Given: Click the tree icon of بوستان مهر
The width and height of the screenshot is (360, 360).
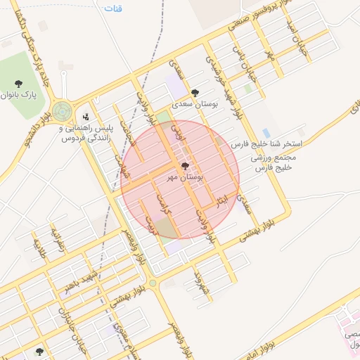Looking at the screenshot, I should (x=185, y=167).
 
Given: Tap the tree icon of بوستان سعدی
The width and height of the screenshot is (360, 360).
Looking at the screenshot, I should (x=195, y=92).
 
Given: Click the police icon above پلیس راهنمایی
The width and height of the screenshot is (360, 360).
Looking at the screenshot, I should (x=85, y=116).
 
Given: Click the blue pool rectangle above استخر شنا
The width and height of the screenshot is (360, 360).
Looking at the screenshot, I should (x=266, y=132).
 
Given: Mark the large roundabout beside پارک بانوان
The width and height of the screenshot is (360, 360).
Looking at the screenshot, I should (x=62, y=110).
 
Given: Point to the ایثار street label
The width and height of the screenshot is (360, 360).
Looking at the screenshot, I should (x=222, y=200).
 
